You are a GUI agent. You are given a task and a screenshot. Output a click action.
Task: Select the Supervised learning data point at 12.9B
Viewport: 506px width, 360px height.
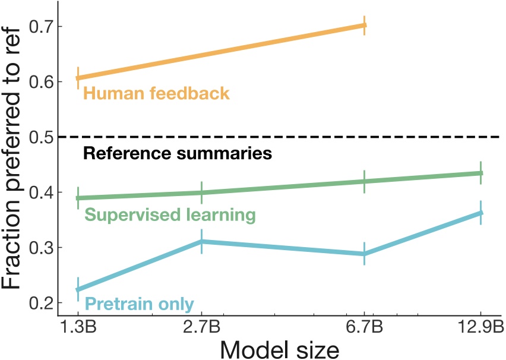[x=480, y=173]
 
